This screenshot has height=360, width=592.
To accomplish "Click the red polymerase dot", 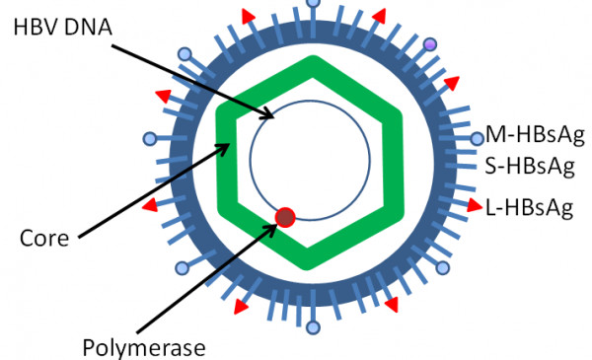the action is [284, 217].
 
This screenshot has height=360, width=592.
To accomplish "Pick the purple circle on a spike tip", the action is [429, 45].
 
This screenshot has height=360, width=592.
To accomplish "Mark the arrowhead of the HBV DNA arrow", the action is [273, 116].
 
